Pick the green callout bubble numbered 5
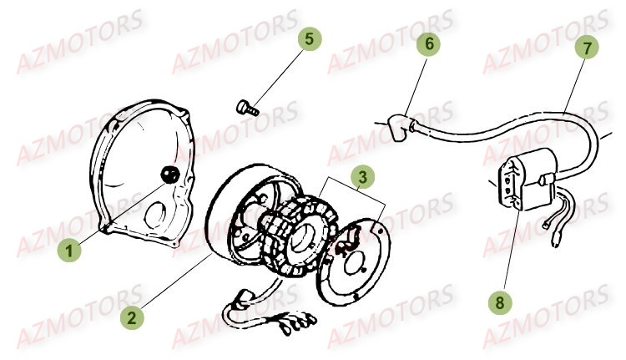(309, 39)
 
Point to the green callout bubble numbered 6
(426, 43)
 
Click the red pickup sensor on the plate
(346, 242)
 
